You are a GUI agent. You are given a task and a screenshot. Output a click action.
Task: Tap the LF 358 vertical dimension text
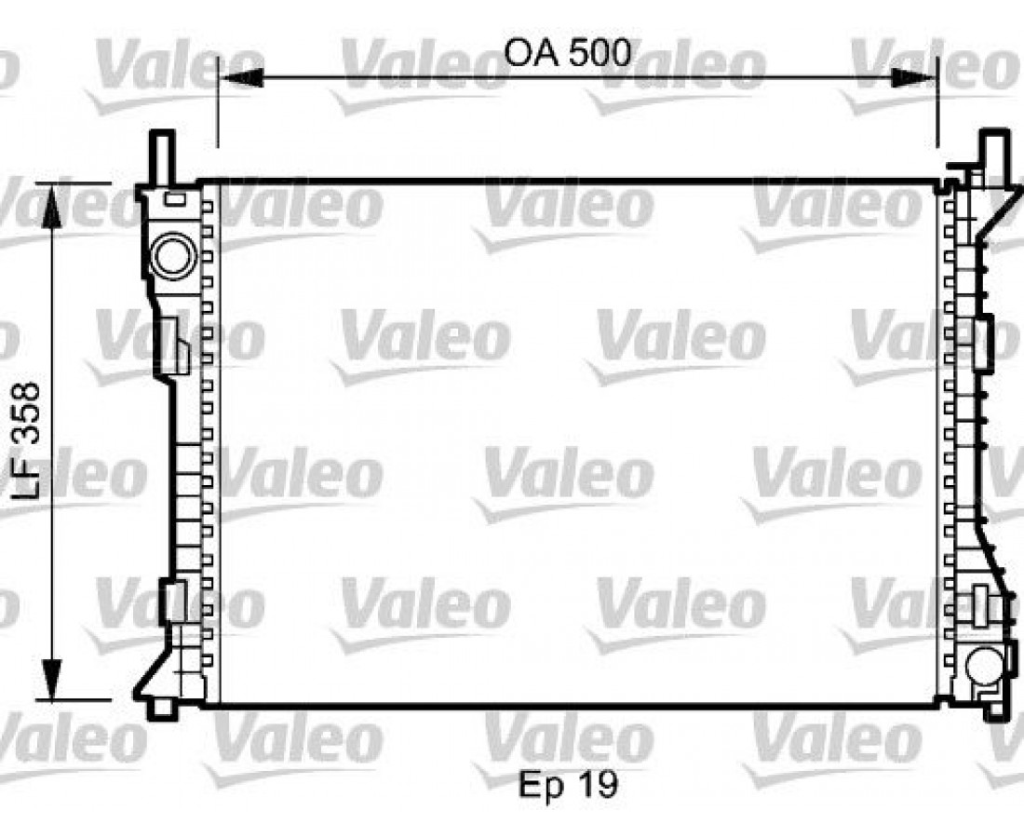[26, 440]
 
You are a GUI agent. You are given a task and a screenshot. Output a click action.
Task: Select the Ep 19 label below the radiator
[568, 784]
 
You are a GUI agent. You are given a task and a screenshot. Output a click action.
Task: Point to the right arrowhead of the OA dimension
[914, 78]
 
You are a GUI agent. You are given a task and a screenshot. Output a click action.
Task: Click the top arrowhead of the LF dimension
[51, 205]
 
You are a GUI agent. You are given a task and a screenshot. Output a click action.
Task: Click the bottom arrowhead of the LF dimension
[51, 680]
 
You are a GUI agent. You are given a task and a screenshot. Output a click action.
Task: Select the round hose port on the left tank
[174, 256]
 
